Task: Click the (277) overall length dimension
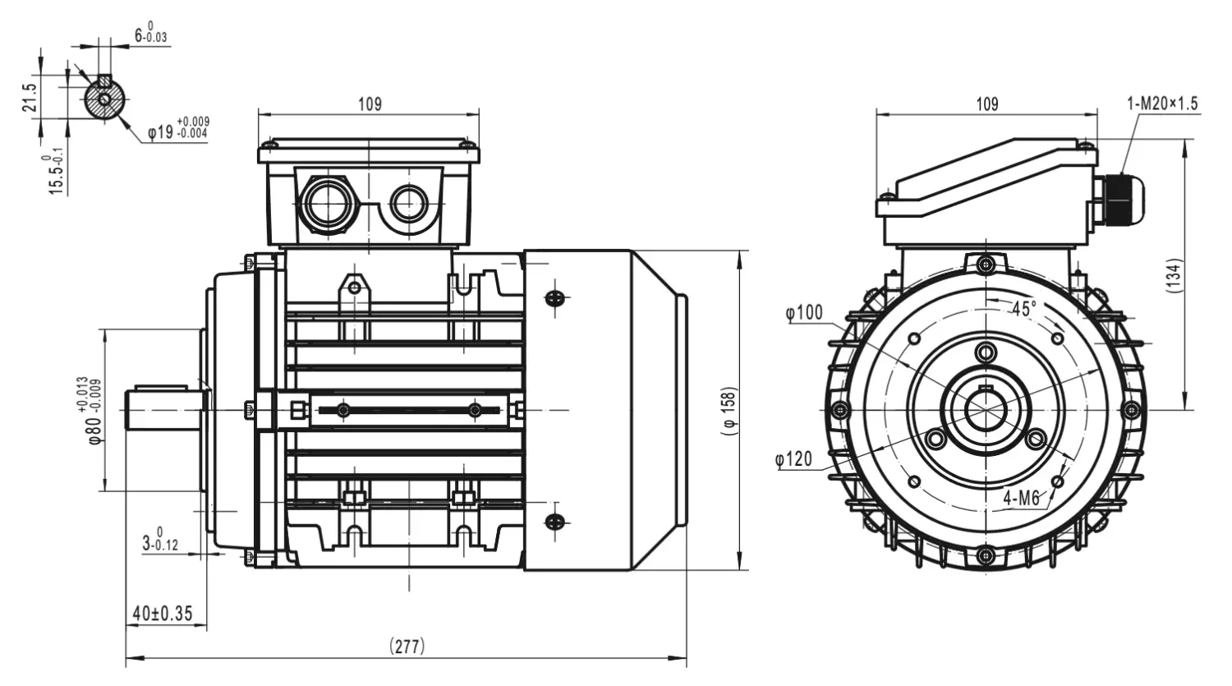[x=407, y=646]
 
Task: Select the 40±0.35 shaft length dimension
[x=163, y=614]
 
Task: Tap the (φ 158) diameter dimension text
[x=729, y=411]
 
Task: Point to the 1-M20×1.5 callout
[x=1162, y=104]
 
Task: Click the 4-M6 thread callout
[x=1022, y=499]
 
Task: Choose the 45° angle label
[x=1024, y=309]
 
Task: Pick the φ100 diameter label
[x=804, y=313]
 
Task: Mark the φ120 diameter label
[x=794, y=458]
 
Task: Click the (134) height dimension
[x=1174, y=275]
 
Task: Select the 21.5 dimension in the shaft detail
[x=30, y=98]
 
